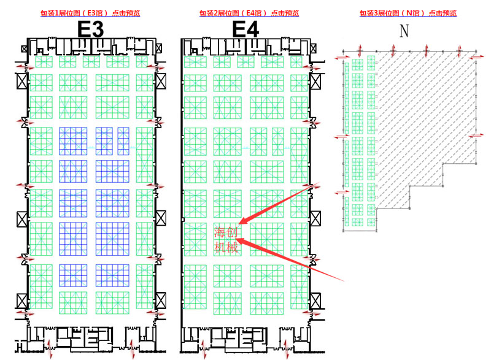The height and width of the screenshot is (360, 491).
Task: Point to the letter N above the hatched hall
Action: tap(404, 31)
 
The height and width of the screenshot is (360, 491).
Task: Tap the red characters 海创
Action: tap(222, 232)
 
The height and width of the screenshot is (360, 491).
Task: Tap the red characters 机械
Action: tap(222, 248)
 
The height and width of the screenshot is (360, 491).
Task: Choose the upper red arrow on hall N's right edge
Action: tap(474, 56)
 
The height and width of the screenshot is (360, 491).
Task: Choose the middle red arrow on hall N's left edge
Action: tap(338, 137)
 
